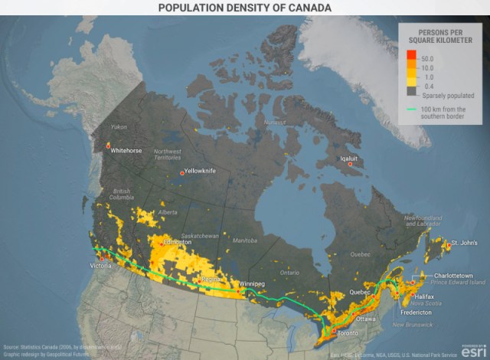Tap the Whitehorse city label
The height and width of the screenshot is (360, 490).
tap(127, 151)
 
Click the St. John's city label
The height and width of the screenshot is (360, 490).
tap(464, 243)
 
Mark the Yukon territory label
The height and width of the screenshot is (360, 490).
tap(119, 126)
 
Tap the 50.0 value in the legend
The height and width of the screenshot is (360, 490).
tap(428, 58)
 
